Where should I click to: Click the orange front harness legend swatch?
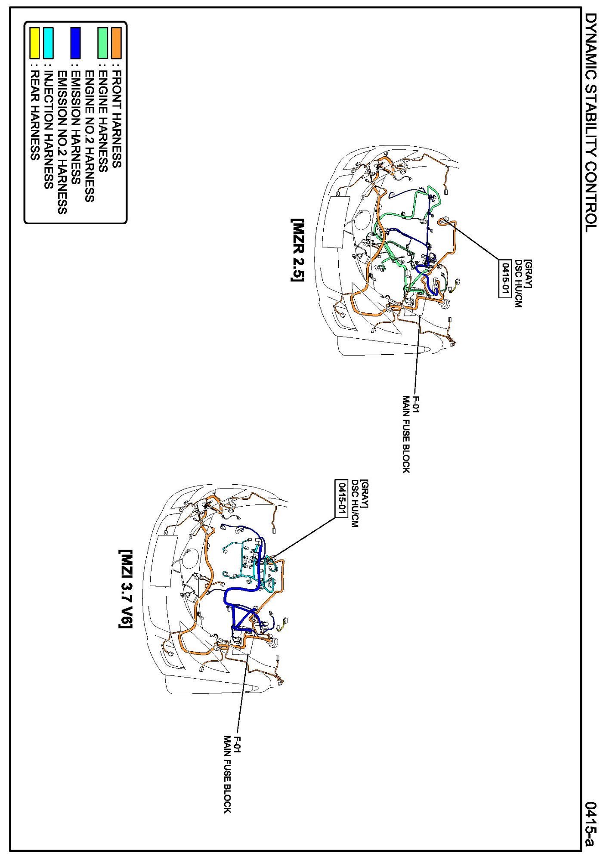[116, 43]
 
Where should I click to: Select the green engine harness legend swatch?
[102, 43]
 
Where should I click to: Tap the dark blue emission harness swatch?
[75, 43]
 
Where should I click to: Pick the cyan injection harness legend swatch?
[48, 43]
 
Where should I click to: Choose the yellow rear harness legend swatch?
[34, 43]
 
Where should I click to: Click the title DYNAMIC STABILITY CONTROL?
[591, 123]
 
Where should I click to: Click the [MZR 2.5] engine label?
[297, 250]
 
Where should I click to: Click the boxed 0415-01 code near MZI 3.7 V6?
[341, 498]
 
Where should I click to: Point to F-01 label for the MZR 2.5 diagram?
[416, 404]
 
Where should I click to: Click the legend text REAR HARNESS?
[34, 115]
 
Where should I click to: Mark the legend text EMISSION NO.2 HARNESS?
[62, 142]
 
